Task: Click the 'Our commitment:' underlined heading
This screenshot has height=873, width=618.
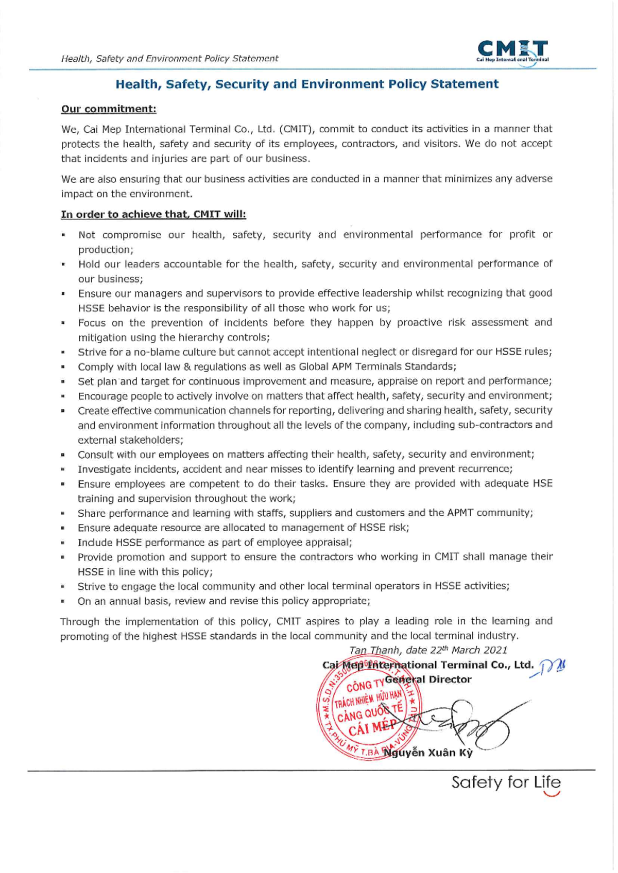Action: [x=109, y=109]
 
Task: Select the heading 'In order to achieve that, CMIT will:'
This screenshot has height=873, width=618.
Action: [x=153, y=214]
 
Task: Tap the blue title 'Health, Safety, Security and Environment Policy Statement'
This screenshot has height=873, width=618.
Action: [x=307, y=84]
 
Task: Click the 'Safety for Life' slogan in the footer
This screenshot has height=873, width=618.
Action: [x=506, y=782]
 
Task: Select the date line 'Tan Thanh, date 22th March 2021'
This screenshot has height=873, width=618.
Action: [x=428, y=650]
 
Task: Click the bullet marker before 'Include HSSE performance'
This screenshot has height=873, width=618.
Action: [x=63, y=543]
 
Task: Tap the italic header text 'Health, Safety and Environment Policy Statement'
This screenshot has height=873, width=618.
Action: [x=169, y=59]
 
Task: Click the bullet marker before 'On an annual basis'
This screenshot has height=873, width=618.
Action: [x=63, y=601]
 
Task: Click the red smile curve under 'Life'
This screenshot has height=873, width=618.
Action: [x=552, y=794]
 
